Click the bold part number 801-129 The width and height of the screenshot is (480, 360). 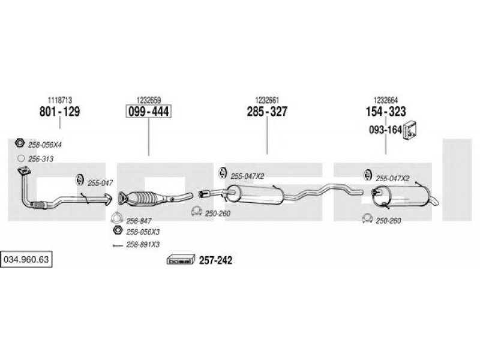59,112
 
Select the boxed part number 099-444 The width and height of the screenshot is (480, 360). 149,112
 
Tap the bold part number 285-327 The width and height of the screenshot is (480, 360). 267,112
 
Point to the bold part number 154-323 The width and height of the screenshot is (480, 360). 386,112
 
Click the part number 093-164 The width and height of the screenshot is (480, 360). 385,130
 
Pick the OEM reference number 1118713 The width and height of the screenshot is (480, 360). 60,100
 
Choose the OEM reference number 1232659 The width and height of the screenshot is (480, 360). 149,100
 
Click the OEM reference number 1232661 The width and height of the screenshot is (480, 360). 267,100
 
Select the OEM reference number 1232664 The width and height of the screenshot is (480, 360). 386,100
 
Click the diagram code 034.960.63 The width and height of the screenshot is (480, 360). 26,260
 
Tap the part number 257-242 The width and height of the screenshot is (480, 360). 216,260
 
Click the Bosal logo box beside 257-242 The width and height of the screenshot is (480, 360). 181,260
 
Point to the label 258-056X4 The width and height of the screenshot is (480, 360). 44,145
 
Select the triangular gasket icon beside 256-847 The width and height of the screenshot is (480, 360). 116,218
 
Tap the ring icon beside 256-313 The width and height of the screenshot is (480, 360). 21,158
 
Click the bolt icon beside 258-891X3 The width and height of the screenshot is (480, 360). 118,245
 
